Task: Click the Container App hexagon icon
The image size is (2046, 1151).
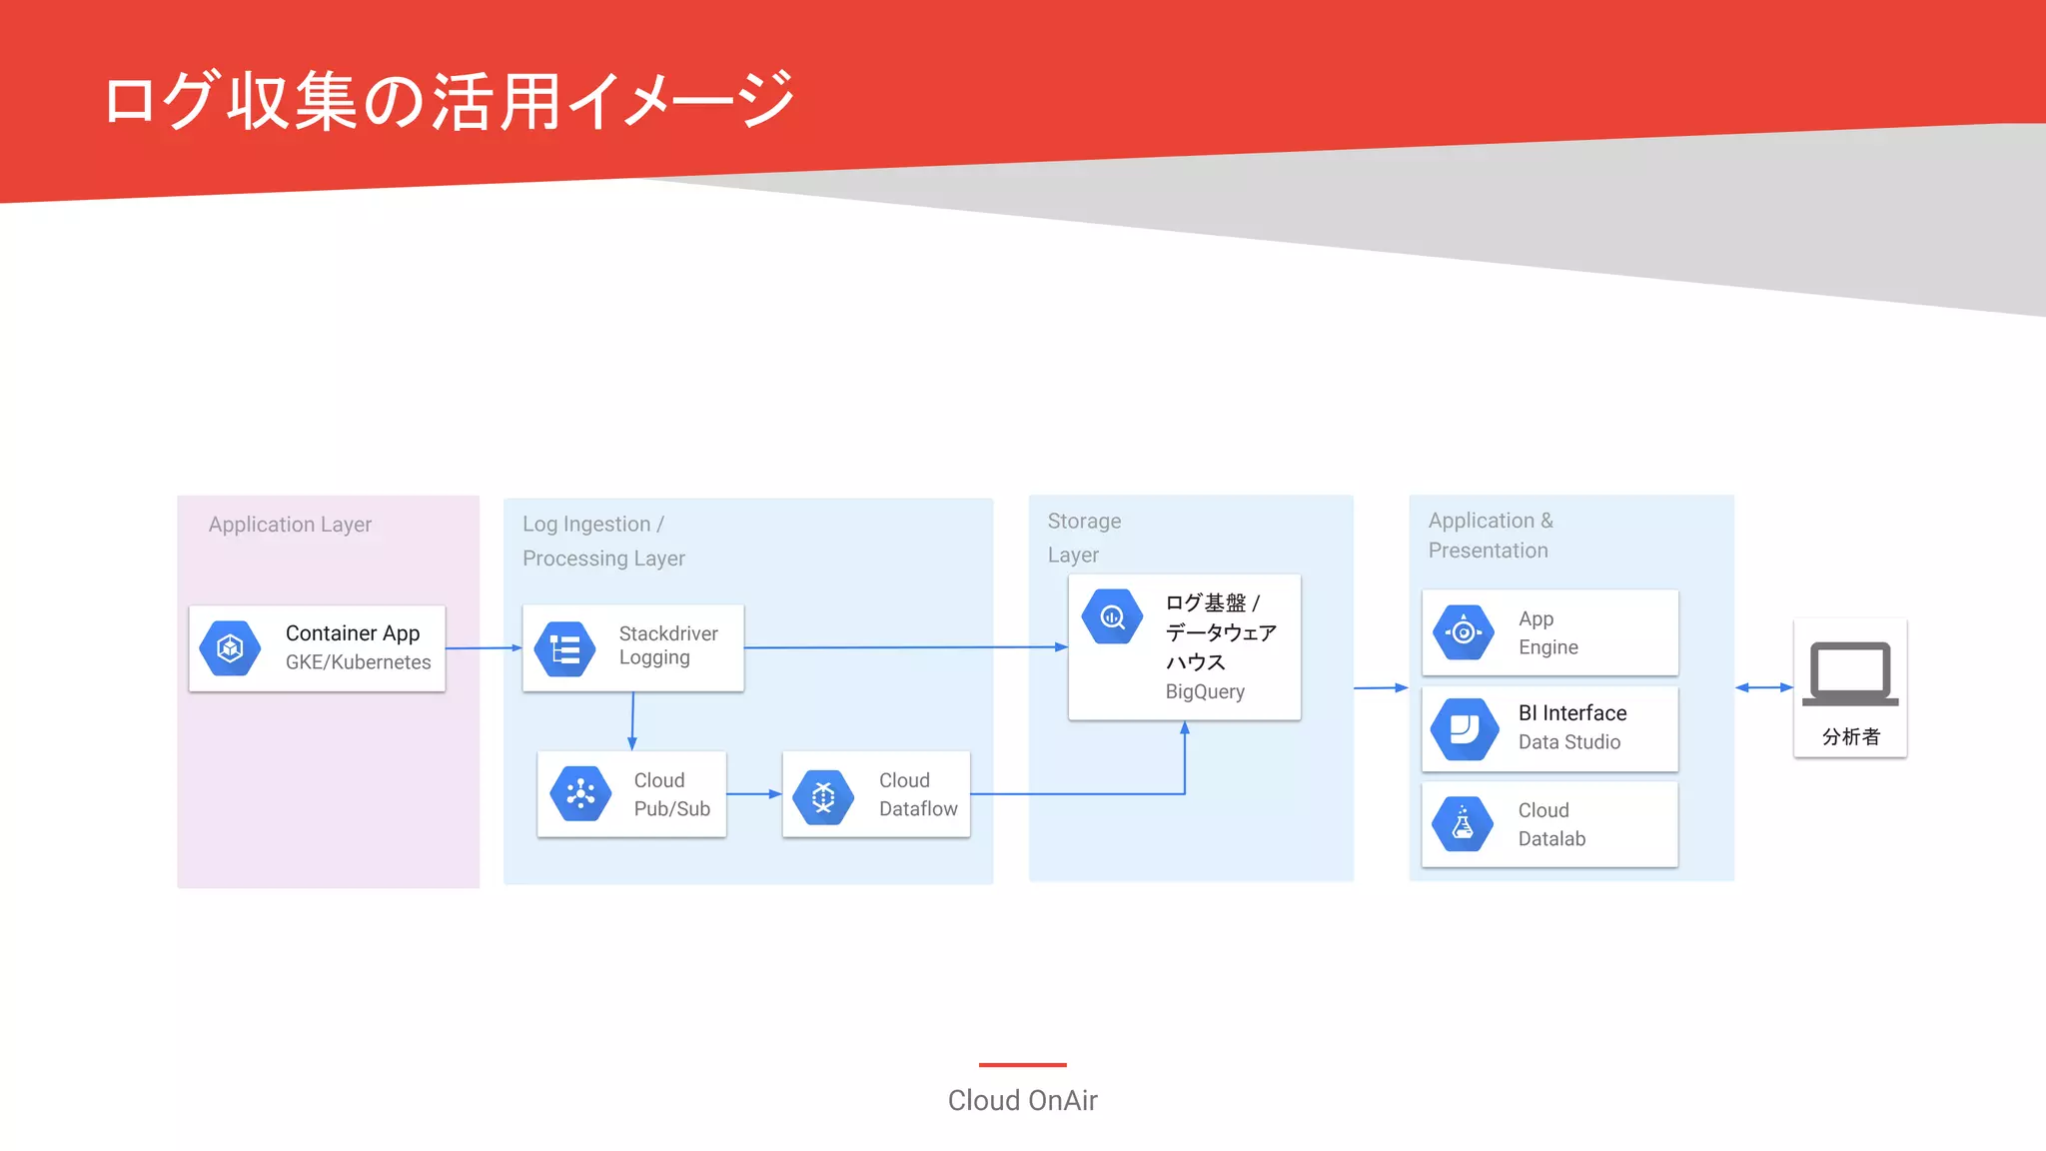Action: [230, 648]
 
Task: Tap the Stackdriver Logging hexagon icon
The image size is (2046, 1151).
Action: [564, 649]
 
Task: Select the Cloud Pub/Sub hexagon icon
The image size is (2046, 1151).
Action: [580, 794]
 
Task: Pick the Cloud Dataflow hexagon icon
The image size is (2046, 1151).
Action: [823, 796]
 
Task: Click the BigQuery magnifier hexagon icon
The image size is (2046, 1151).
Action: [1112, 616]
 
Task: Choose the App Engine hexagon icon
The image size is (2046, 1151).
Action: [1464, 631]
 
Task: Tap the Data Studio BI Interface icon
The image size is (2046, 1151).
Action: [1465, 728]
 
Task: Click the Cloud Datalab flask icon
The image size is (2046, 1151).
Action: [1463, 824]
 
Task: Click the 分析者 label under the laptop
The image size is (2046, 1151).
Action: [1851, 737]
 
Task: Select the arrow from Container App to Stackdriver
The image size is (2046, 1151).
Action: [484, 648]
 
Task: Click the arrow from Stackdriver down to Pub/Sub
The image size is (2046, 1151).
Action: [632, 720]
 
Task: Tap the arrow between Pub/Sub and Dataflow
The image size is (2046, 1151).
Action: [754, 794]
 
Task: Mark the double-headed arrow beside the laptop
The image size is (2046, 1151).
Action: [1764, 687]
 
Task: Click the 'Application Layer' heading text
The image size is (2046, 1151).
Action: [290, 525]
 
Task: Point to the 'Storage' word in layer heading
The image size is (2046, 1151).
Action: [1084, 522]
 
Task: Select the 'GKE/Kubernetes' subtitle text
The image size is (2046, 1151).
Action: [358, 662]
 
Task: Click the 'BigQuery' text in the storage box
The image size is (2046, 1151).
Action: [1205, 691]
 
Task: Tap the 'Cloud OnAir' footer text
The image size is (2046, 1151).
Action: [1022, 1100]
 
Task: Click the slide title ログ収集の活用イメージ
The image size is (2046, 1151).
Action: [450, 100]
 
